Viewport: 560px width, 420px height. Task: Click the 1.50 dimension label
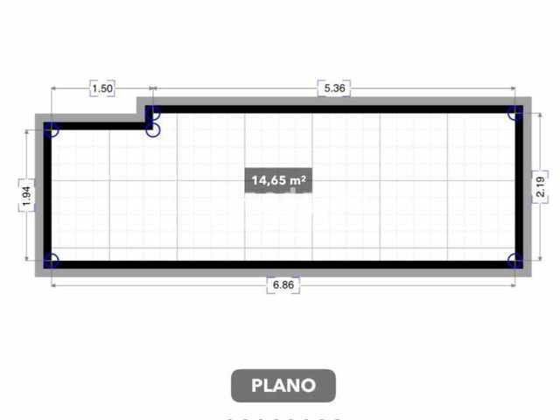click(102, 88)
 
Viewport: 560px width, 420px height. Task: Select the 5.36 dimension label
click(334, 88)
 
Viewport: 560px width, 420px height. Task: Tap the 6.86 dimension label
click(283, 285)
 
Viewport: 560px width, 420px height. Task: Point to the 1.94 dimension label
click(27, 196)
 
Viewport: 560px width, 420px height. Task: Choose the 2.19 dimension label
click(541, 187)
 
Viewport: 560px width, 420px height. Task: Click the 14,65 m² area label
click(278, 180)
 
